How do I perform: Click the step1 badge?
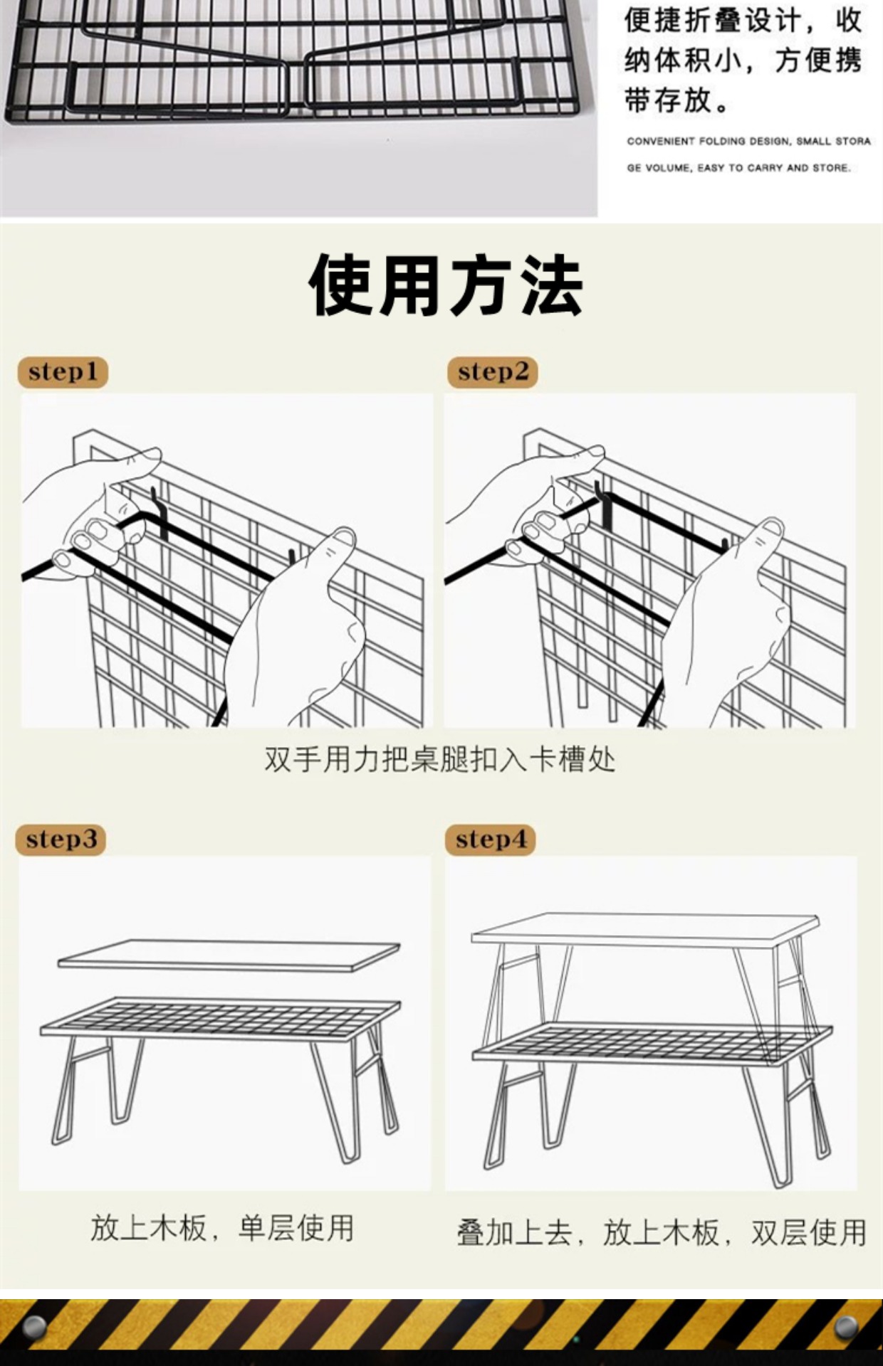(x=63, y=372)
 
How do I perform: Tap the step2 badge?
(x=493, y=372)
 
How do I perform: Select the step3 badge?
(x=61, y=840)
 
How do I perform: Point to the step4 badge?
(x=491, y=840)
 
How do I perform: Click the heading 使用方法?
(x=446, y=285)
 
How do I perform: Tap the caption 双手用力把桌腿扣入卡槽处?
(x=439, y=760)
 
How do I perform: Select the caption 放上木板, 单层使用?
(x=221, y=1229)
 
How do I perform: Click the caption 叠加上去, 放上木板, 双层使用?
(x=661, y=1232)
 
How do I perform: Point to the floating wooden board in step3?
(x=228, y=955)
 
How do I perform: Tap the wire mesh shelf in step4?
(x=652, y=1044)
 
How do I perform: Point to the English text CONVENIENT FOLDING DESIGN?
(x=748, y=141)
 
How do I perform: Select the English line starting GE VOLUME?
(x=738, y=168)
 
